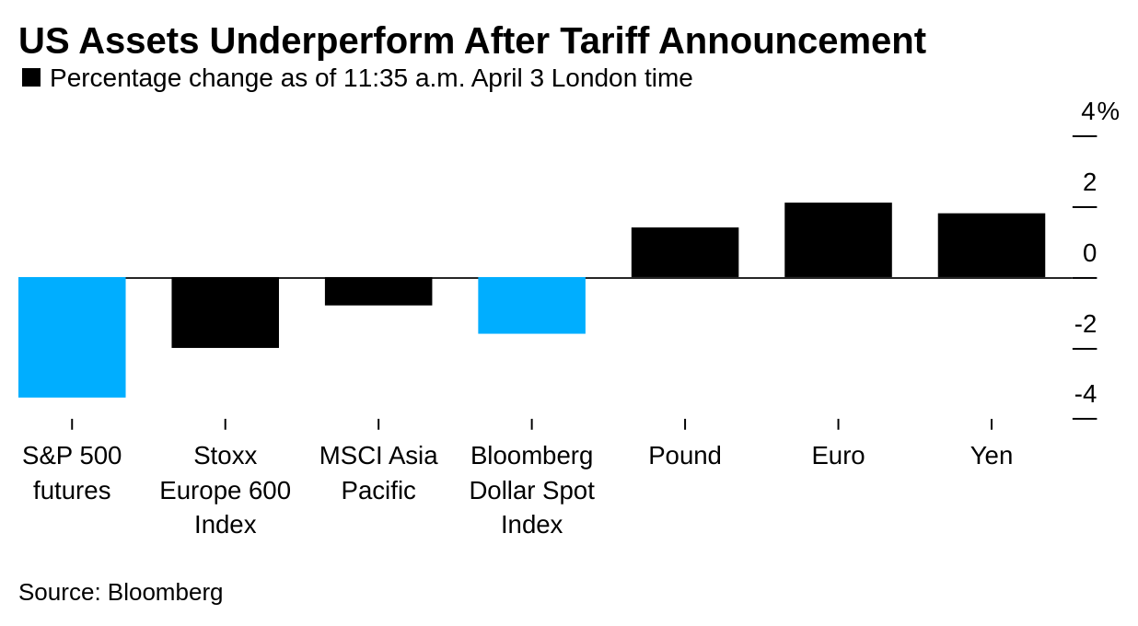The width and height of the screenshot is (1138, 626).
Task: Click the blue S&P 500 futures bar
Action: coord(72,337)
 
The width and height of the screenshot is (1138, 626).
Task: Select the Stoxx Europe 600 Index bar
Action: coord(225,312)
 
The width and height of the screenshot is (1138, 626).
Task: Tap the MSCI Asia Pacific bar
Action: coord(378,291)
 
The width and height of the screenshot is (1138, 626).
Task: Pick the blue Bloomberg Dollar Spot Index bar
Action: coord(531,305)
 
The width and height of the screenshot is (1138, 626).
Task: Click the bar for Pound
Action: coord(685,252)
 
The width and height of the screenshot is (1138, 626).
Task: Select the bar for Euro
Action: coord(838,239)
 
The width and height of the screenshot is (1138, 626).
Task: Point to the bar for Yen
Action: coord(992,245)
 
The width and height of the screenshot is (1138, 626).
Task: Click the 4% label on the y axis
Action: coord(1099,111)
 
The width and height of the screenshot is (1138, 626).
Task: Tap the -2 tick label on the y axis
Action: coord(1086,324)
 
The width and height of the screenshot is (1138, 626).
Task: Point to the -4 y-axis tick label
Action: coord(1086,394)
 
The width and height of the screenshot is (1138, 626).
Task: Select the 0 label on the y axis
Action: coord(1089,253)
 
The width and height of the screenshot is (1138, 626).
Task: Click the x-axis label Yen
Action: coord(992,456)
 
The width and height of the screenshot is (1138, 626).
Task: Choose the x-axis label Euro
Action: coord(838,456)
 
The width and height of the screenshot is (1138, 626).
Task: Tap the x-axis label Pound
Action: coord(685,456)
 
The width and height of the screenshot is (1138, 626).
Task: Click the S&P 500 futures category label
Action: coord(72,473)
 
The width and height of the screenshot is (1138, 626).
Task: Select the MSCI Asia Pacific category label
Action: coord(378,473)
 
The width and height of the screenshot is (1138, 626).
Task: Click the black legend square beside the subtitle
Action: coord(31,78)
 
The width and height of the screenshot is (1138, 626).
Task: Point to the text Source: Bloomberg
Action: coord(121,592)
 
